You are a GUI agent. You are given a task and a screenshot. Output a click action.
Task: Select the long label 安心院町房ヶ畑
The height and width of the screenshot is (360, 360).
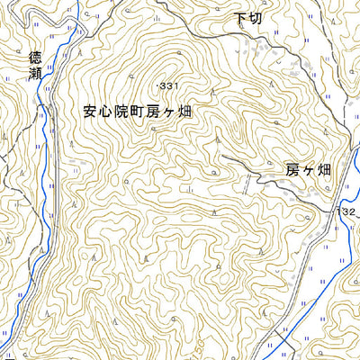[x=139, y=112]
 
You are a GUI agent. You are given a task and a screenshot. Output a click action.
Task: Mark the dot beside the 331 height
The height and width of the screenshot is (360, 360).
[x=157, y=85]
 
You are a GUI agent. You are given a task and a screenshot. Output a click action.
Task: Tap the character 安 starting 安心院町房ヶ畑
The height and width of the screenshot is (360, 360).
[x=89, y=112]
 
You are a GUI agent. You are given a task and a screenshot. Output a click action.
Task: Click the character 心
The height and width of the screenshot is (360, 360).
[x=105, y=112]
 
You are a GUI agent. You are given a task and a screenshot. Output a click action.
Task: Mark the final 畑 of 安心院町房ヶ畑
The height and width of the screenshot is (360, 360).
[x=187, y=112]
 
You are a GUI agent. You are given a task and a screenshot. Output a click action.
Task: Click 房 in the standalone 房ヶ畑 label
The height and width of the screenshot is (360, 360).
[x=292, y=168]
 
